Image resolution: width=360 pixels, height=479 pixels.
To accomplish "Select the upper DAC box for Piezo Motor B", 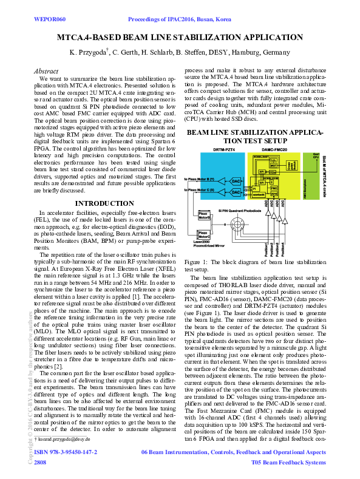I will (237, 181).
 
